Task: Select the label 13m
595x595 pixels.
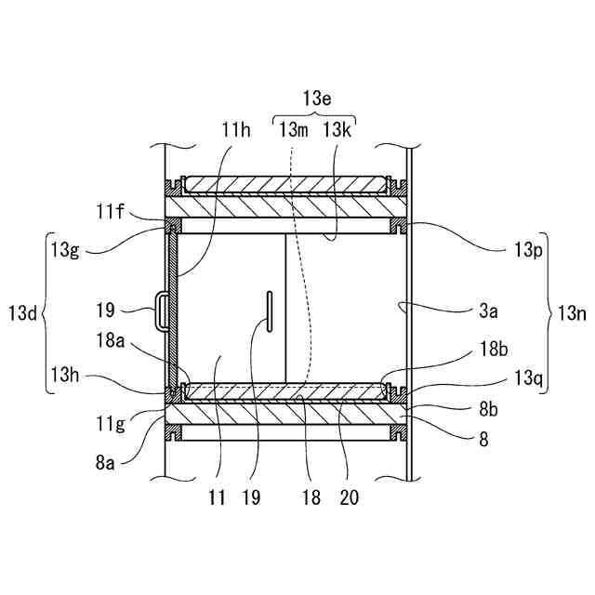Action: (x=294, y=131)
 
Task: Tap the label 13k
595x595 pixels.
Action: (x=337, y=131)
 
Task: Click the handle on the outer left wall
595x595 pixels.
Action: (x=163, y=310)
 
